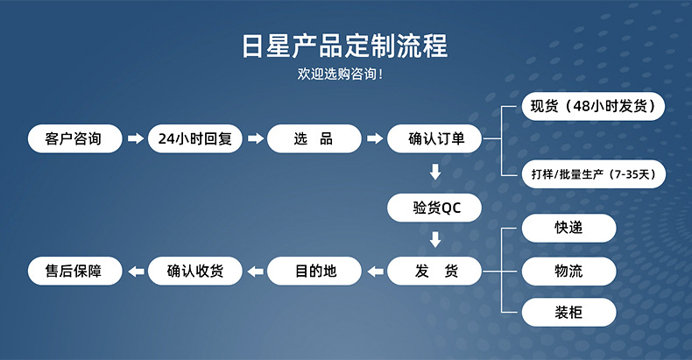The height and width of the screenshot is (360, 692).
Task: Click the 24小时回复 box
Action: point(194,138)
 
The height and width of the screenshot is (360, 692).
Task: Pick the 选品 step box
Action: point(314,138)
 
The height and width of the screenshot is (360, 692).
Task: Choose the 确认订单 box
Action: point(435,138)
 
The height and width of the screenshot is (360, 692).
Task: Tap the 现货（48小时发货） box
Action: point(593,107)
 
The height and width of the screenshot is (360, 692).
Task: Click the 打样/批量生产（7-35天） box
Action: point(593,173)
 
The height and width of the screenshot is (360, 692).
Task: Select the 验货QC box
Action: point(435,208)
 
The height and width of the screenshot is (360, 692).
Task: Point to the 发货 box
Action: point(435,272)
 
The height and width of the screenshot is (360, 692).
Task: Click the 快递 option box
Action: point(569,228)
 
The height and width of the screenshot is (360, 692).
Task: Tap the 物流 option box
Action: point(569,271)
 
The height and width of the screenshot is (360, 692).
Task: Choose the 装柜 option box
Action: point(569,313)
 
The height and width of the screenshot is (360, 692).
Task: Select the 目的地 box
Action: point(314,272)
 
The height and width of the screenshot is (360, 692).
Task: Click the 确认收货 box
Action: point(194,272)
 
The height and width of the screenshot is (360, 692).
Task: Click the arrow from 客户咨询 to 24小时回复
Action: point(135,138)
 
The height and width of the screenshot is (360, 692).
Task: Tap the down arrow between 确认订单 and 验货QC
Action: point(435,172)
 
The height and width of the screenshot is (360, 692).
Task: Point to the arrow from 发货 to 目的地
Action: point(375,272)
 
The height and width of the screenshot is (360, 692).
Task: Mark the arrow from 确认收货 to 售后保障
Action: point(135,272)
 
